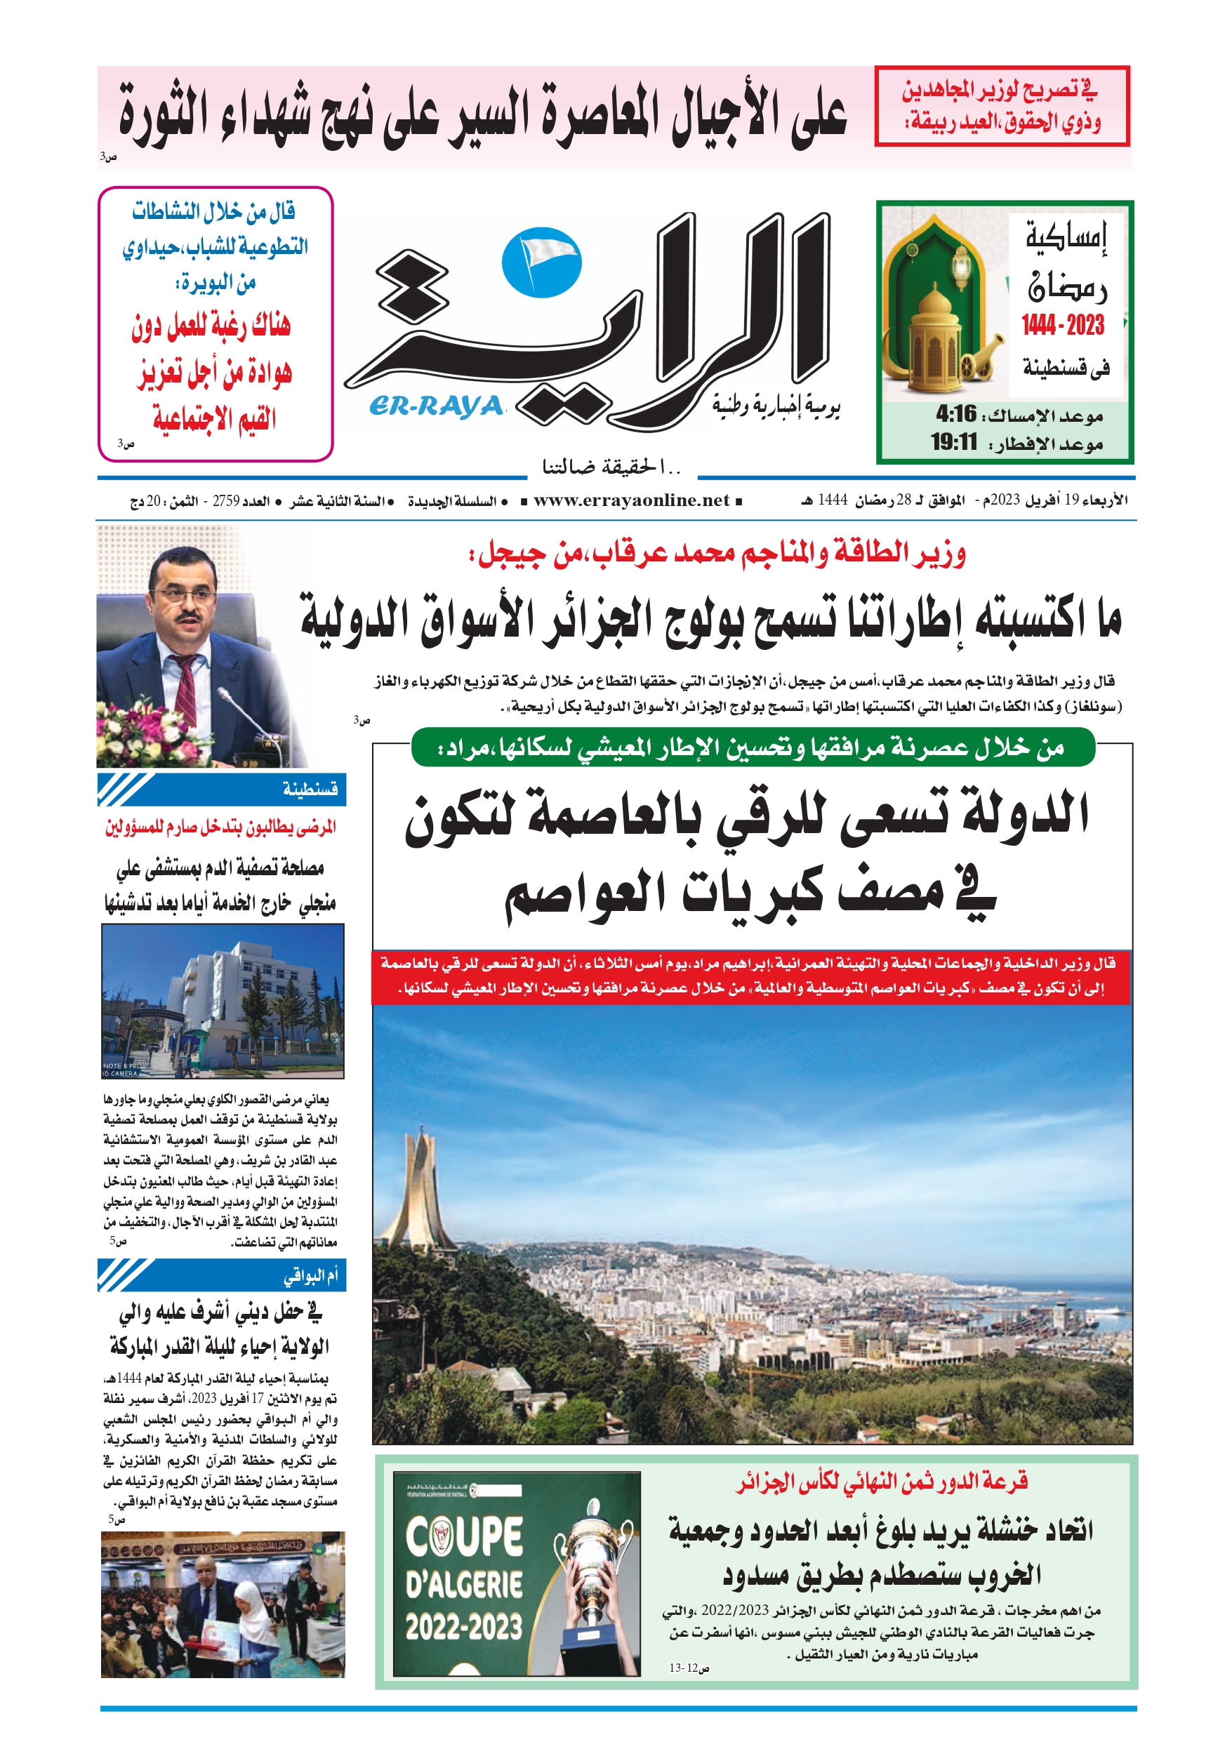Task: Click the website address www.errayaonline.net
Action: click(631, 500)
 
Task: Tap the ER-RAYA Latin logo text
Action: click(437, 406)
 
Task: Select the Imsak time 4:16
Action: click(955, 414)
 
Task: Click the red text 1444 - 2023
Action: click(1063, 326)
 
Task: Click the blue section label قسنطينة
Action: click(310, 789)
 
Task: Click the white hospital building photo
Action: click(223, 1001)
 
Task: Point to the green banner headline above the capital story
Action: click(753, 748)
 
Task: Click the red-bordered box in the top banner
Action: click(1001, 106)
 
